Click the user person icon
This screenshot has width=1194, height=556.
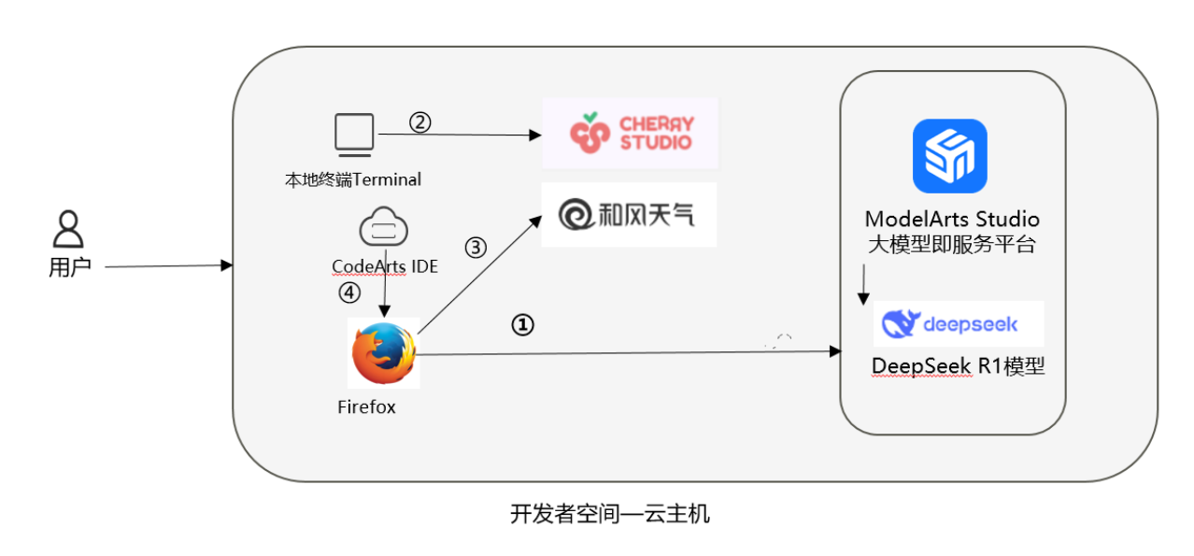[x=68, y=229]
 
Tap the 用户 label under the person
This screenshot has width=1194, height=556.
[x=68, y=267]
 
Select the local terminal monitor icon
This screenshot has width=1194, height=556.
[x=354, y=134]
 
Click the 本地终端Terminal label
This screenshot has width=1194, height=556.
[x=353, y=178]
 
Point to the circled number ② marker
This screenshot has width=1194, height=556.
[x=420, y=122]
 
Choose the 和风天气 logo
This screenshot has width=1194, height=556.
[x=628, y=215]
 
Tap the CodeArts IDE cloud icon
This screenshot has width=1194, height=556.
[x=384, y=228]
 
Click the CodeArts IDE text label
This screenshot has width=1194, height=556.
[x=385, y=266]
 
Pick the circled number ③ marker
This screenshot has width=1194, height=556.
[x=476, y=248]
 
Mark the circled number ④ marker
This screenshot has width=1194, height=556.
[x=348, y=292]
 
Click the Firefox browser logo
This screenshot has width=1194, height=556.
[x=383, y=353]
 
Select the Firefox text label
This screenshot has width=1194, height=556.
[x=366, y=407]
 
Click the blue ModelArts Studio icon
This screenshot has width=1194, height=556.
[x=949, y=156]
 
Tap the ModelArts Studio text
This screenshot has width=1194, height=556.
[x=952, y=220]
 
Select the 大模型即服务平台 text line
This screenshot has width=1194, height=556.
[x=952, y=245]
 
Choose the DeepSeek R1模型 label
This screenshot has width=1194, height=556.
[x=958, y=366]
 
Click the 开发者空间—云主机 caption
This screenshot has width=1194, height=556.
[x=610, y=513]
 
